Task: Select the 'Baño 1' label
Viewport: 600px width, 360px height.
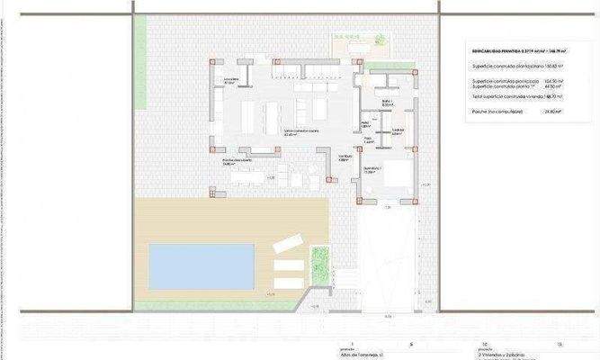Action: pyautogui.click(x=387, y=103)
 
